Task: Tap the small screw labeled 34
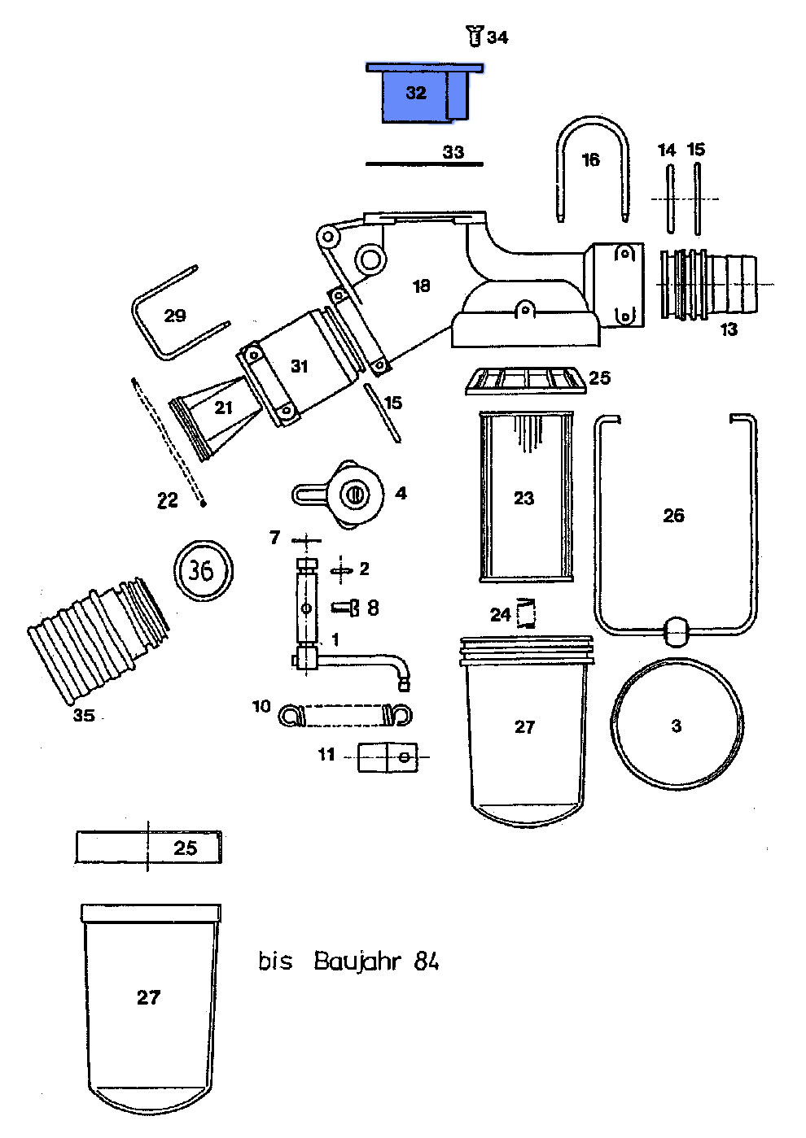[x=475, y=36]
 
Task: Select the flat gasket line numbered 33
[x=423, y=164]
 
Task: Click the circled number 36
[x=202, y=570]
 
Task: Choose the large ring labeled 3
[x=677, y=723]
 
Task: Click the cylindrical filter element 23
[x=525, y=497]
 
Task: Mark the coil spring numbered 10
[x=344, y=716]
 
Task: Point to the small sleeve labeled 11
[x=388, y=756]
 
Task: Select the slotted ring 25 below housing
[x=525, y=380]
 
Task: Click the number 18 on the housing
[x=421, y=286]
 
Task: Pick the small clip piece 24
[x=528, y=613]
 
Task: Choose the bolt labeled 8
[x=345, y=607]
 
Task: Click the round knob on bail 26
[x=677, y=630]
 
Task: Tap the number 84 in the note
[x=427, y=961]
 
